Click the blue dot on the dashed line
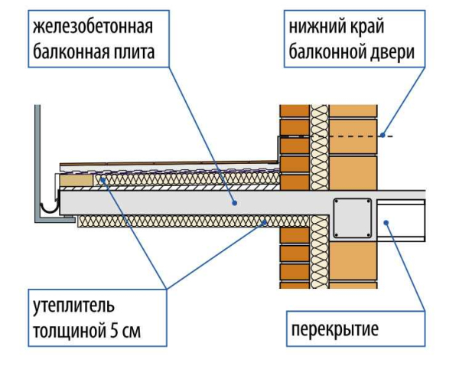click(382, 136)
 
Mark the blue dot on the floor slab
click(386, 222)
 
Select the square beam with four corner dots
click(352, 217)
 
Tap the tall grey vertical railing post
click(37, 161)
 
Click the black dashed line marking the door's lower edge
click(337, 136)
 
